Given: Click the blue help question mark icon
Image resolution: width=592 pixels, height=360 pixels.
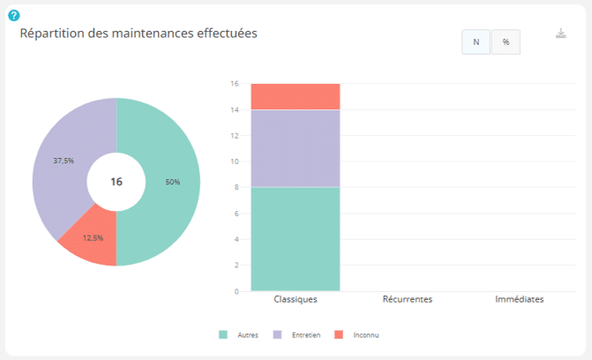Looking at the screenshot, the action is [14, 16].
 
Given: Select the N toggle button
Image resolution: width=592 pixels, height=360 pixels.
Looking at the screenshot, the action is [476, 42].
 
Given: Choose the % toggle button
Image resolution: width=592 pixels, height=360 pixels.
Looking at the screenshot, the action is [506, 42].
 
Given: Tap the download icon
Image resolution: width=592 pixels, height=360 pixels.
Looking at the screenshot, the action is [561, 34].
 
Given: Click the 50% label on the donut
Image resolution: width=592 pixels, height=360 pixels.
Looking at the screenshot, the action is [173, 182].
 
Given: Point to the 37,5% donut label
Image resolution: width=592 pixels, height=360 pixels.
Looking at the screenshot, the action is [64, 161].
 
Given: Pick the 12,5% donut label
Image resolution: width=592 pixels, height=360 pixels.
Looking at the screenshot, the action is [93, 238].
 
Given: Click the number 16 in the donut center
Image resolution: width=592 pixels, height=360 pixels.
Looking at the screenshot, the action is [116, 182].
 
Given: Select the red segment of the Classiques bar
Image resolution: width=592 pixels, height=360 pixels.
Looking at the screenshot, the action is [296, 97].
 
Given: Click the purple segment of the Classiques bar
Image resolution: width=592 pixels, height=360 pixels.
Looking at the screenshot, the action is [296, 148].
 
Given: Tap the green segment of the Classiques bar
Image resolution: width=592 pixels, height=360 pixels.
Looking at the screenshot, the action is [296, 239].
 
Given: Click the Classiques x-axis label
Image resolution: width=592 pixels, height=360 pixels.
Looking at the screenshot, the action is [296, 299].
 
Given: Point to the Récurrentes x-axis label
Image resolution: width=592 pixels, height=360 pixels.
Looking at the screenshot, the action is [408, 299].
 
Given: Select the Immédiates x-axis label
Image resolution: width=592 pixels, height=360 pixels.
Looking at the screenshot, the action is [520, 299].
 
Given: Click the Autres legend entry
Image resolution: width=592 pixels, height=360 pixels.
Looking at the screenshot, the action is [238, 334].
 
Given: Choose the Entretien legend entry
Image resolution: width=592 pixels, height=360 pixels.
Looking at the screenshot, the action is [296, 334].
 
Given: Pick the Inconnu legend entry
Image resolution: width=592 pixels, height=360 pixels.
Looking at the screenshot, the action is [356, 334].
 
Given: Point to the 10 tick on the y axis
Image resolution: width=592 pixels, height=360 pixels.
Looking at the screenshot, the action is [235, 161].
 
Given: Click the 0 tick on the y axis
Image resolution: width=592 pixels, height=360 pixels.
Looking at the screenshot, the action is [236, 291].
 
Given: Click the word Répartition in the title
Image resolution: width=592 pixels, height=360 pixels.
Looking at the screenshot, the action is [52, 34].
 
